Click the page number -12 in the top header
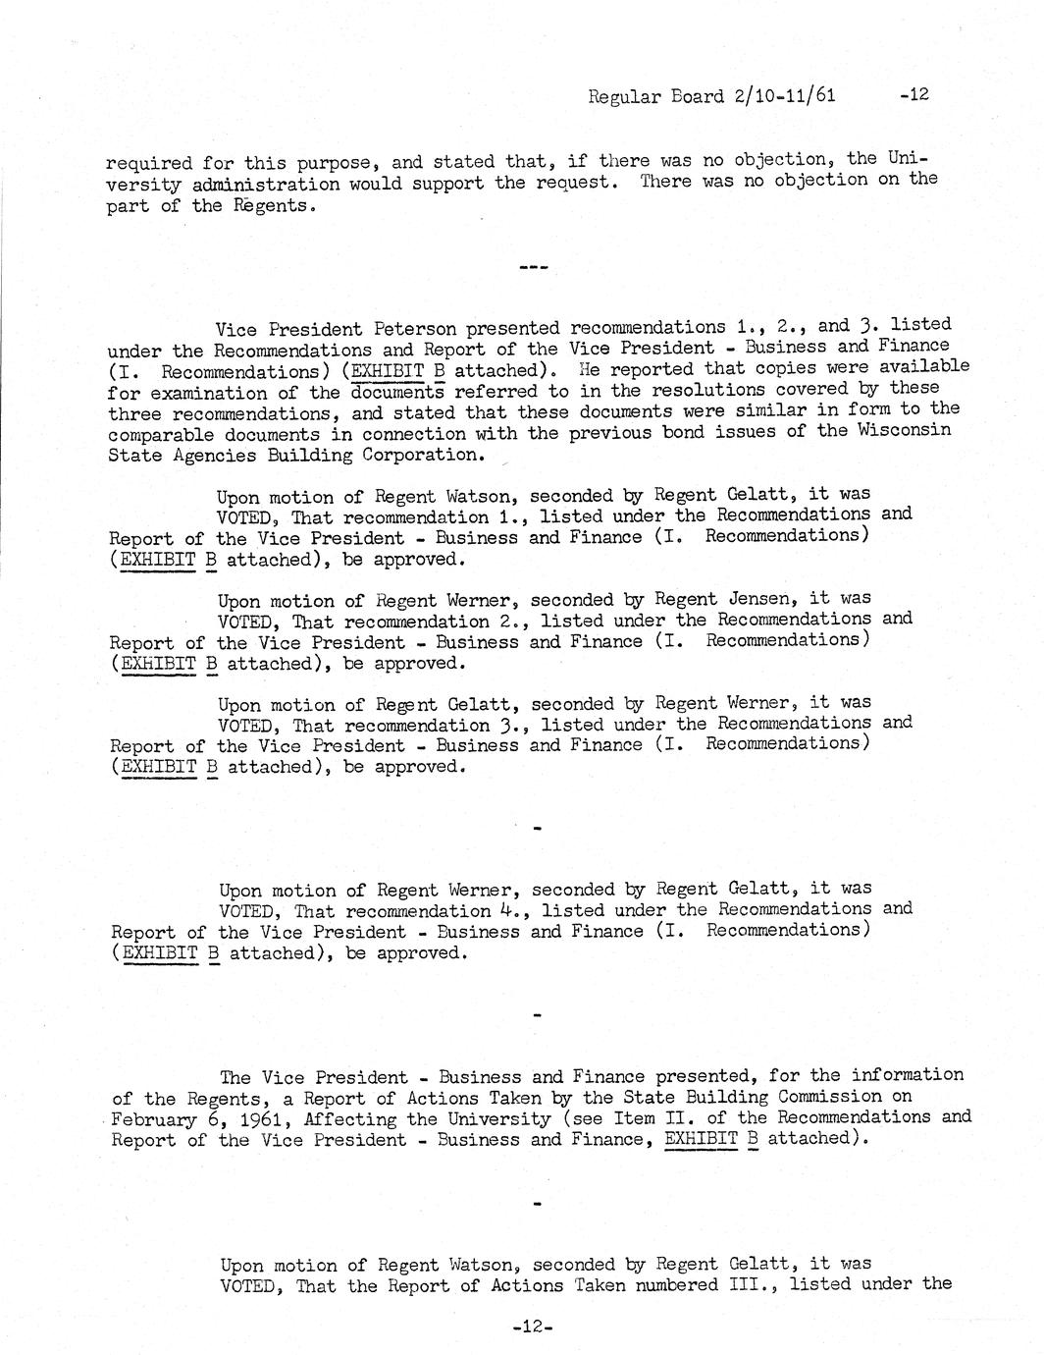(913, 94)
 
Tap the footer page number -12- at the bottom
(533, 1327)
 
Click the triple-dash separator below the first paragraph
(533, 266)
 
